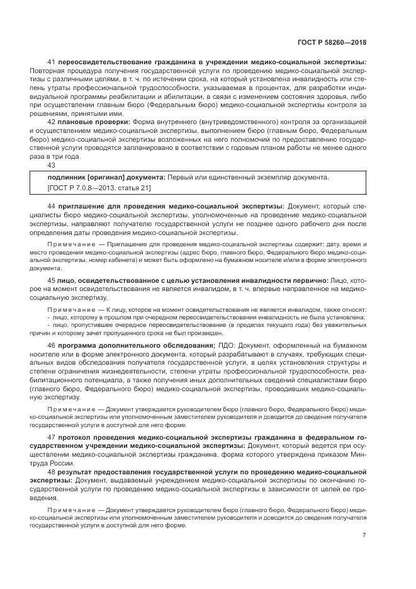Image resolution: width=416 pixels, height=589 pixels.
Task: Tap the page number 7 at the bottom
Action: point(364,535)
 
